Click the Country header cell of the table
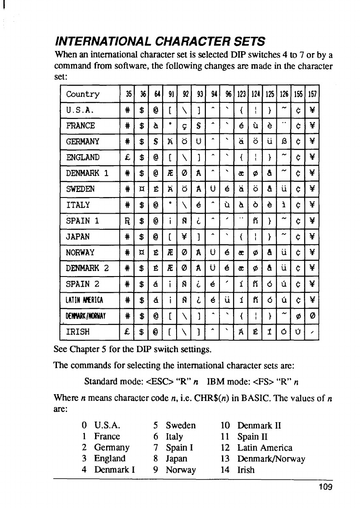pos(83,94)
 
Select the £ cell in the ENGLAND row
pos(126,158)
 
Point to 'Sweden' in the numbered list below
pos(181,425)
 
